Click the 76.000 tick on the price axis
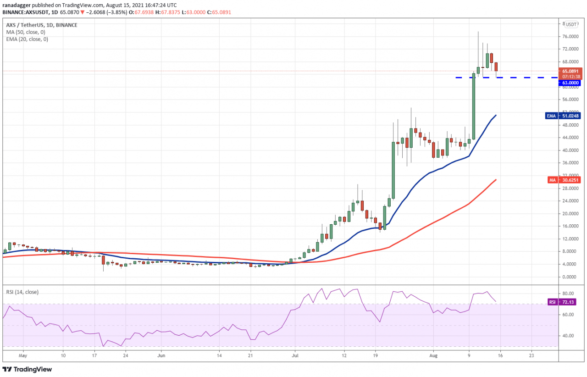570,36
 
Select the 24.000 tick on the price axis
570,201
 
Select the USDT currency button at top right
571,24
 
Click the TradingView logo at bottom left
28,369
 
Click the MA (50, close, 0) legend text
26,32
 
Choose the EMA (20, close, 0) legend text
27,39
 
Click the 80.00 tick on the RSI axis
568,294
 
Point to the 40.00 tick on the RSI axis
568,336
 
